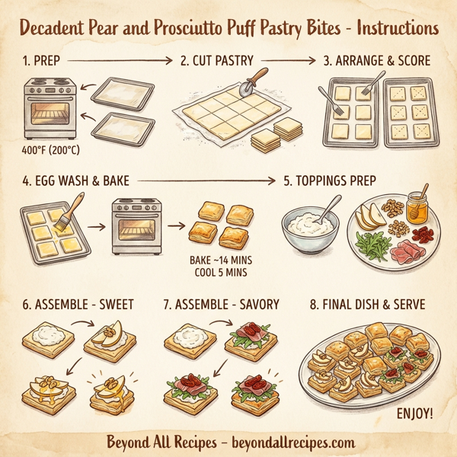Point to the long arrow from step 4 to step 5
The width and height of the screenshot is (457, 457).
(x=206, y=181)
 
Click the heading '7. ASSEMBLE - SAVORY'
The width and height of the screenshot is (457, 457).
(x=221, y=305)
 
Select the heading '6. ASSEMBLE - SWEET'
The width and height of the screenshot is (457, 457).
(x=78, y=305)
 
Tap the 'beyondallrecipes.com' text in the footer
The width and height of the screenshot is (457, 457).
(x=285, y=442)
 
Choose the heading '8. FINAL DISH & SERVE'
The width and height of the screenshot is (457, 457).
(x=366, y=305)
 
